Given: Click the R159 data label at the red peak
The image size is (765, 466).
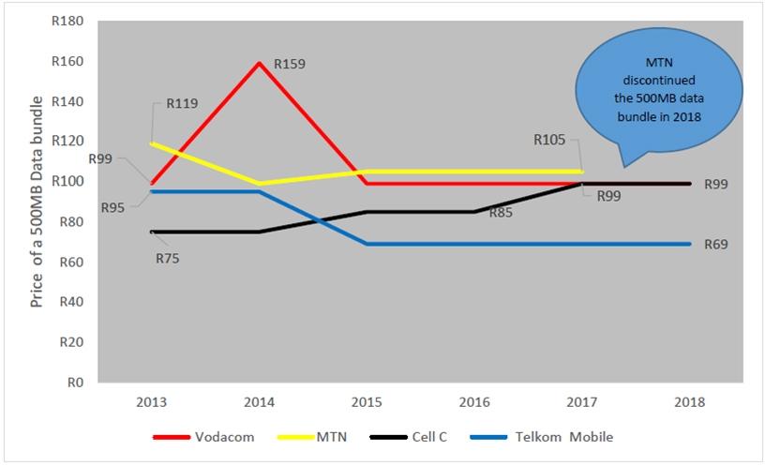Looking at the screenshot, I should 290,65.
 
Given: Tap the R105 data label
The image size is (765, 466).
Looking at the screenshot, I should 549,140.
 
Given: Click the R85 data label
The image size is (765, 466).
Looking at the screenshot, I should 502,213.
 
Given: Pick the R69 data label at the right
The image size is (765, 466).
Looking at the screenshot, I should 717,244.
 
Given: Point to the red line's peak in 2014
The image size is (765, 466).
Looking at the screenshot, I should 260,63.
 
